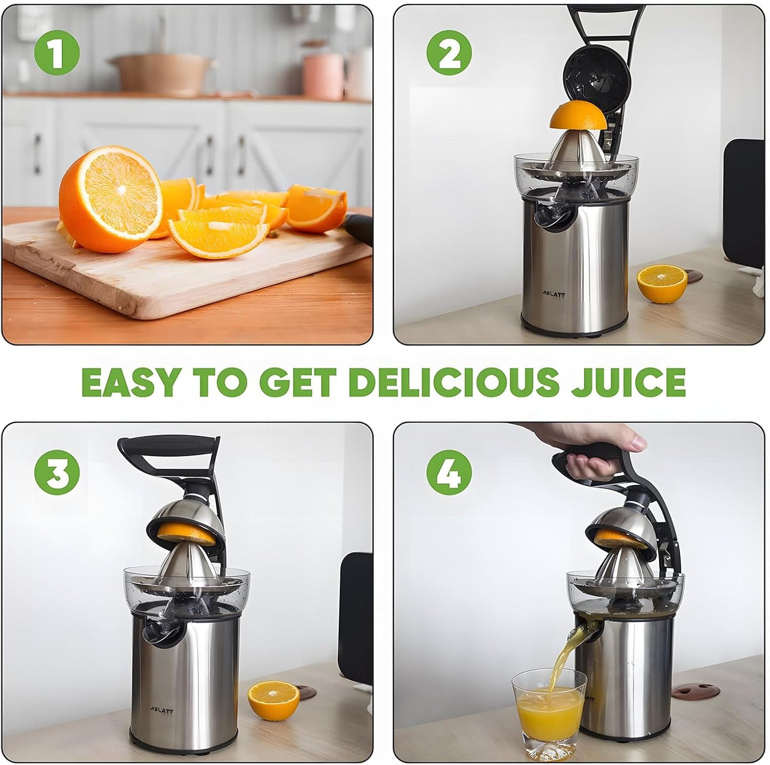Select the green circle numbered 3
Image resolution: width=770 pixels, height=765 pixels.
(x=56, y=472)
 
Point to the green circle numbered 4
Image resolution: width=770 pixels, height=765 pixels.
(x=449, y=472)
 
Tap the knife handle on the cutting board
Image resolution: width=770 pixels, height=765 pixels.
(x=358, y=229)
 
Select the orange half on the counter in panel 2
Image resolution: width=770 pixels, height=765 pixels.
(x=662, y=283)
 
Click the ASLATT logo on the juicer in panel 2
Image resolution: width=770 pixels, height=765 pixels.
(x=542, y=295)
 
